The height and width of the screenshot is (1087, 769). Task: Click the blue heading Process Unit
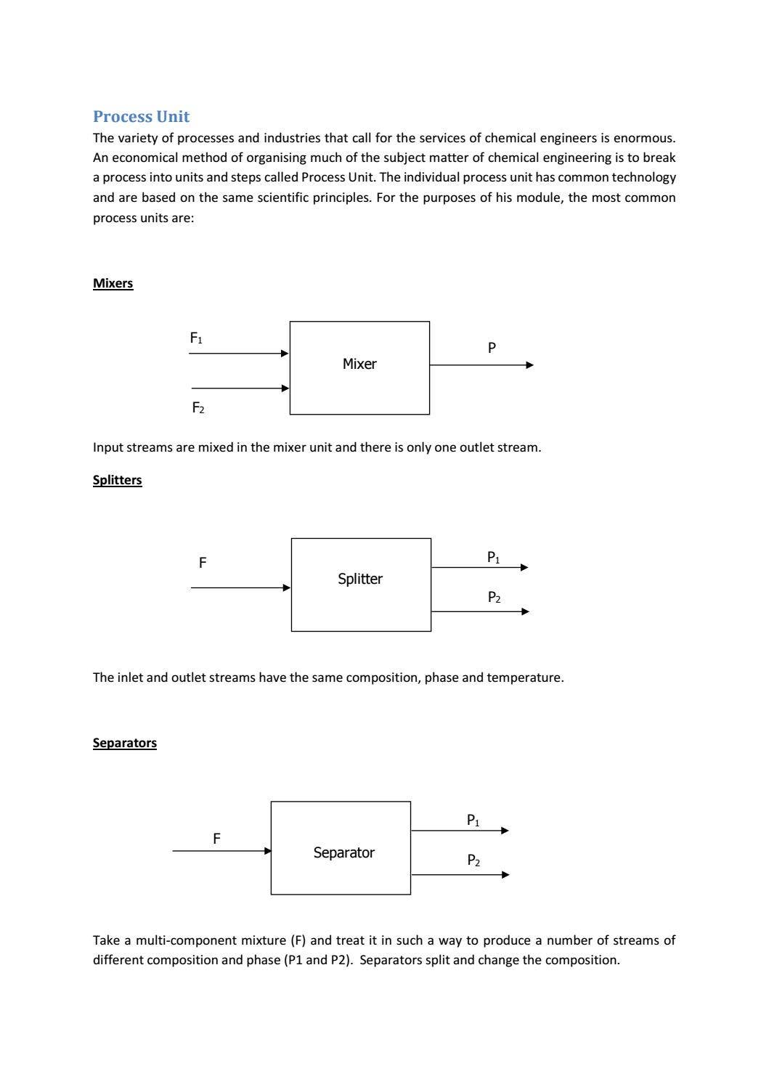click(141, 117)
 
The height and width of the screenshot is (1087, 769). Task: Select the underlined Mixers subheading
click(113, 283)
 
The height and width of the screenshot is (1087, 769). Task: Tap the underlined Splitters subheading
click(117, 480)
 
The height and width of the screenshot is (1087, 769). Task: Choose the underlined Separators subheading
click(124, 743)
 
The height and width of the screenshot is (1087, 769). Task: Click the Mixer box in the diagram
click(359, 367)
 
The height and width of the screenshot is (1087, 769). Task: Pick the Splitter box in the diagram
click(361, 585)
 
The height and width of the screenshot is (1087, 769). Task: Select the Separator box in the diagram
click(341, 847)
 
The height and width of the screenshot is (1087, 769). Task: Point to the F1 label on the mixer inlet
click(196, 338)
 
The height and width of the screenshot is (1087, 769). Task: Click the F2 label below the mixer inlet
click(198, 408)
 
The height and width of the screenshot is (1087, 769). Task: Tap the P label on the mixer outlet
click(492, 349)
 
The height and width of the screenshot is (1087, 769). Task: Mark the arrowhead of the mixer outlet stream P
click(529, 365)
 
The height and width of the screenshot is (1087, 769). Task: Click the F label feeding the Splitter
click(203, 563)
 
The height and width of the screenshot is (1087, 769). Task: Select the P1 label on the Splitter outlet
click(493, 558)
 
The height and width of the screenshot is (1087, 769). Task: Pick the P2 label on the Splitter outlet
click(494, 598)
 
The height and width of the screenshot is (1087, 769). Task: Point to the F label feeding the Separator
click(216, 839)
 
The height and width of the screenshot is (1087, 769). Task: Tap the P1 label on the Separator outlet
click(473, 821)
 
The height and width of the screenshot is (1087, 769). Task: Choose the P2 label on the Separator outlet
click(473, 860)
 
